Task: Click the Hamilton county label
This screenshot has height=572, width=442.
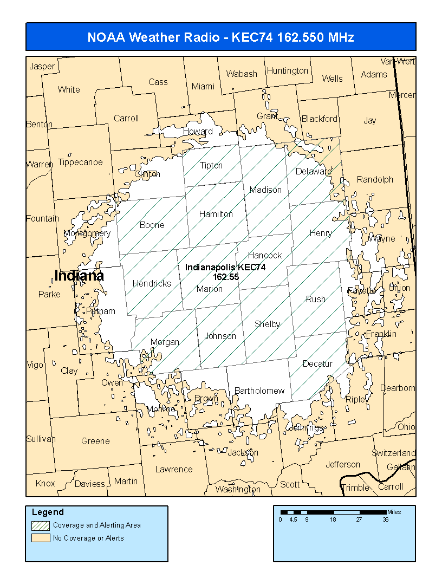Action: pyautogui.click(x=216, y=214)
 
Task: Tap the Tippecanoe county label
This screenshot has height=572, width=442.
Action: pyautogui.click(x=80, y=162)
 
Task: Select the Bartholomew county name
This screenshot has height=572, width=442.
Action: pyautogui.click(x=259, y=391)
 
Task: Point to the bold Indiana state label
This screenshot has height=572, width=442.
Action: pyautogui.click(x=79, y=276)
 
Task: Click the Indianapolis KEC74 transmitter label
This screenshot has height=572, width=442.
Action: pyautogui.click(x=225, y=268)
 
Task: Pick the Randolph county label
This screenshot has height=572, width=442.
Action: pyautogui.click(x=375, y=179)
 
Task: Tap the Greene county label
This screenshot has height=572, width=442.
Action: pyautogui.click(x=95, y=441)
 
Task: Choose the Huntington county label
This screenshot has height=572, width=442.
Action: pyautogui.click(x=287, y=71)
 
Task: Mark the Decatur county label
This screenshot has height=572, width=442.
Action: pyautogui.click(x=317, y=363)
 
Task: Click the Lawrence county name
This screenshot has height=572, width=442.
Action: pyautogui.click(x=174, y=469)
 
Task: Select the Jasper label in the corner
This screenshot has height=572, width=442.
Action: pyautogui.click(x=42, y=67)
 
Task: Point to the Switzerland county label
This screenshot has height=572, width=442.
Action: pyautogui.click(x=394, y=453)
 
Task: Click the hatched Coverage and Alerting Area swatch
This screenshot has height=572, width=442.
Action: pyautogui.click(x=40, y=525)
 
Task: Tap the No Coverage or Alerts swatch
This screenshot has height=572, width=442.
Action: pyautogui.click(x=40, y=538)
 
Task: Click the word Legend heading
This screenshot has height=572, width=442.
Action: pyautogui.click(x=48, y=512)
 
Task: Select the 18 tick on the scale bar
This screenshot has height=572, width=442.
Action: pyautogui.click(x=333, y=519)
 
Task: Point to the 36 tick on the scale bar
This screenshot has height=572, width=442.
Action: pyautogui.click(x=385, y=519)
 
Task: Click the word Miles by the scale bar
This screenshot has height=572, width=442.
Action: pyautogui.click(x=394, y=512)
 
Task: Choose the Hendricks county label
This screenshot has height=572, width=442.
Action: pyautogui.click(x=152, y=283)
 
